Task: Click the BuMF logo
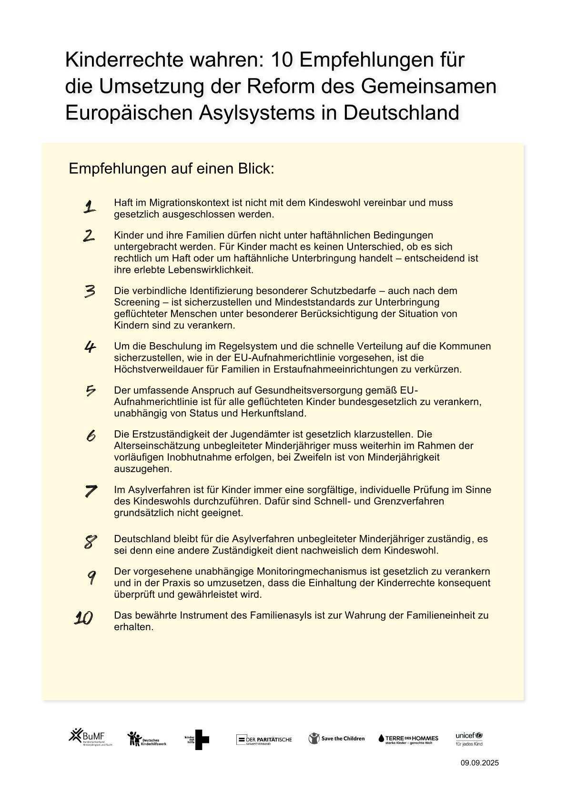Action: (90, 737)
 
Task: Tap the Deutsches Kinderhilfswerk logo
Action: (147, 739)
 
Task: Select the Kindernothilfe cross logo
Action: (197, 739)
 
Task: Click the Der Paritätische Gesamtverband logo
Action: (264, 739)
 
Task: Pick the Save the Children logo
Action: (336, 739)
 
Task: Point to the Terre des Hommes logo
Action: (408, 739)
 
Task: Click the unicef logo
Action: (469, 739)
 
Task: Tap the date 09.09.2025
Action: (479, 763)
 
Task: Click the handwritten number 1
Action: (89, 207)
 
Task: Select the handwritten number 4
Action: (90, 347)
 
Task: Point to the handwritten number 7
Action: (91, 491)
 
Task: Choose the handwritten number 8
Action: (90, 542)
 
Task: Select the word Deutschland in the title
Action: (401, 113)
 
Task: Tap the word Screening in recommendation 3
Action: (136, 302)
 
